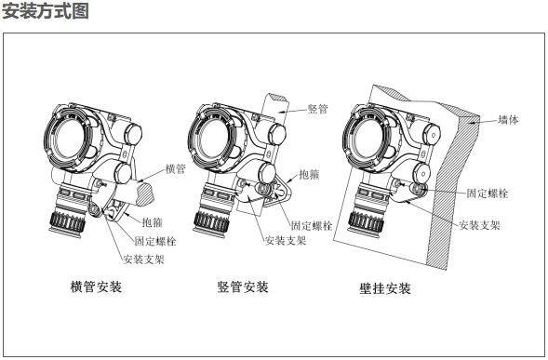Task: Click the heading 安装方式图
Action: coord(45,11)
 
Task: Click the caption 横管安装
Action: coord(96,287)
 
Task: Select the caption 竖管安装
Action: coord(243,287)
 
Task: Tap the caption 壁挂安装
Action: coord(385,288)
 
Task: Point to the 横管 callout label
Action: coord(176,169)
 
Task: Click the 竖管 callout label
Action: coord(317,109)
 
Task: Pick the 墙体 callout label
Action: coord(509,120)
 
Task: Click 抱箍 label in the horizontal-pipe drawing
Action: coord(153,222)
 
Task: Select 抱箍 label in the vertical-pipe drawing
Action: coord(309,174)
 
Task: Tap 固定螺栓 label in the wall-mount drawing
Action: coord(488,193)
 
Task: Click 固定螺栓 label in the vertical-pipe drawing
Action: coord(312,226)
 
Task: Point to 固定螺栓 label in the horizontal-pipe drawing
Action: coord(155,241)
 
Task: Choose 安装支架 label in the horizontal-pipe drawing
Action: coord(143,260)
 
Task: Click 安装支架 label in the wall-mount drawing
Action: coord(479,225)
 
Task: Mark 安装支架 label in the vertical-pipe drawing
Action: coord(286,241)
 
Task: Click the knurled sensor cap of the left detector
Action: coord(67,221)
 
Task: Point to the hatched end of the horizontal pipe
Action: coord(146,194)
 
